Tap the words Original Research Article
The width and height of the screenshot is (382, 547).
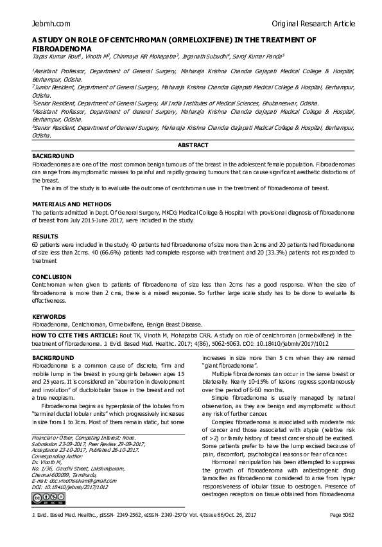(x=313, y=24)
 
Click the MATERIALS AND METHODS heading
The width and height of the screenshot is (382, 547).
(x=67, y=204)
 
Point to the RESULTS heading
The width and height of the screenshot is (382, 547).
(x=45, y=237)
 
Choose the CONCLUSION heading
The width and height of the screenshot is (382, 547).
(x=53, y=276)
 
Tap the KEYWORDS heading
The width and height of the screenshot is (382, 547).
(x=49, y=317)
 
